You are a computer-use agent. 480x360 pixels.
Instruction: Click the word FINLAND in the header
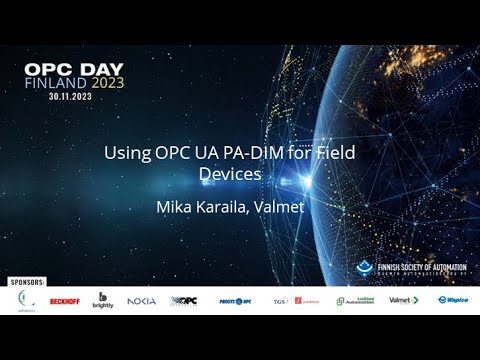(x=56, y=83)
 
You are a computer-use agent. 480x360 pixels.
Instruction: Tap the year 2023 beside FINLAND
(x=107, y=83)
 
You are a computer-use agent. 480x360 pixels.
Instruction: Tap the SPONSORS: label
(x=24, y=283)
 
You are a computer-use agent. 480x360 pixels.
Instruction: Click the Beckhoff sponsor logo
(x=64, y=301)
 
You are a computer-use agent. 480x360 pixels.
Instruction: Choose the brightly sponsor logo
(x=103, y=300)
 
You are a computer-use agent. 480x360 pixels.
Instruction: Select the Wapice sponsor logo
(x=453, y=300)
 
